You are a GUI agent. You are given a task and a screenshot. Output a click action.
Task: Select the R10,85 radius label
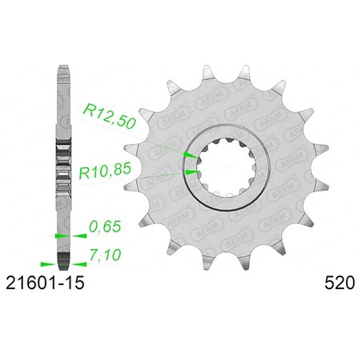(105, 171)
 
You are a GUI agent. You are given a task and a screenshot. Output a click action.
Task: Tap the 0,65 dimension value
(105, 227)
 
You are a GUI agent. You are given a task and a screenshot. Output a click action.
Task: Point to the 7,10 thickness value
(105, 255)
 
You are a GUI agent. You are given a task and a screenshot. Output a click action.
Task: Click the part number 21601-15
(45, 283)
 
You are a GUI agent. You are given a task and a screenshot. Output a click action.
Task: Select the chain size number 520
(340, 283)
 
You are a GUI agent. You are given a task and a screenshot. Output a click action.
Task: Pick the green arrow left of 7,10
(79, 264)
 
